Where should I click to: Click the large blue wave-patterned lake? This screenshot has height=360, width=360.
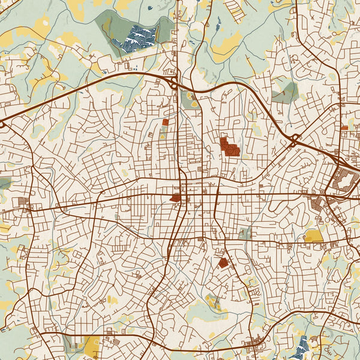coord(137,37)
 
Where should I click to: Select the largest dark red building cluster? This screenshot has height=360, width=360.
coord(229,146)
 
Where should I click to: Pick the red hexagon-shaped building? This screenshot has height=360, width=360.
coord(223,262)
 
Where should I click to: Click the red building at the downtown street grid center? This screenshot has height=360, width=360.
coord(176,197)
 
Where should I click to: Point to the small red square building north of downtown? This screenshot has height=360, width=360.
coord(165,122)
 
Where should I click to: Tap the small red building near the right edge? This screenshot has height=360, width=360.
coord(344,127)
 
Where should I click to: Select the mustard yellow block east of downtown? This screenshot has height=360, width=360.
coord(313,236)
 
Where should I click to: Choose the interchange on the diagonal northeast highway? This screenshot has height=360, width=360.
coord(295,140)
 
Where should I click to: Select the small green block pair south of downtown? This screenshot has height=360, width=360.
coord(244,233)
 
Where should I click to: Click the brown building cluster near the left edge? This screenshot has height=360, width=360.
coord(24,202)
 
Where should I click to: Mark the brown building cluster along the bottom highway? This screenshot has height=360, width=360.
coord(259,344)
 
